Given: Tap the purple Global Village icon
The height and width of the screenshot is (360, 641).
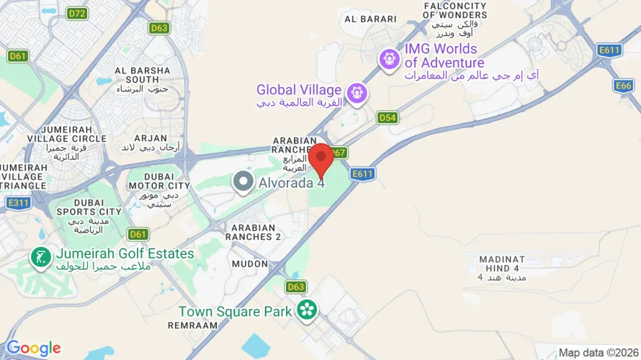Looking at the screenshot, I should (x=356, y=92).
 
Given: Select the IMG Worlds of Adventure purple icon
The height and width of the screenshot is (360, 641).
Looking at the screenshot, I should (x=390, y=58).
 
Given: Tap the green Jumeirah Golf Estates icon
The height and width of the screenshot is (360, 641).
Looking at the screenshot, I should (x=40, y=256).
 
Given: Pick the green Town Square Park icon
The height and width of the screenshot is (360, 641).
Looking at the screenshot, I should (x=308, y=310).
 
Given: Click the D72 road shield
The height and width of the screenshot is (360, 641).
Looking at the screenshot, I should (x=76, y=13).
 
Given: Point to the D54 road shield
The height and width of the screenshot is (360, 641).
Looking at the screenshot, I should (x=387, y=117).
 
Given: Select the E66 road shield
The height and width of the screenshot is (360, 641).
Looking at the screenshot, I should (x=624, y=86).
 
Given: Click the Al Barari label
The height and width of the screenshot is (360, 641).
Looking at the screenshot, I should (x=370, y=19).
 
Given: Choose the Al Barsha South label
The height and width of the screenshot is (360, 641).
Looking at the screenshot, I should (x=143, y=75).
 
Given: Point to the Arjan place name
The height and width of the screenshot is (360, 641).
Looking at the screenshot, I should (x=151, y=138).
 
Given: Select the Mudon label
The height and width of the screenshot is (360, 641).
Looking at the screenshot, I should (x=249, y=264).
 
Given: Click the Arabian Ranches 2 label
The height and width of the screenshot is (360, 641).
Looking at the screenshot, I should (x=253, y=232).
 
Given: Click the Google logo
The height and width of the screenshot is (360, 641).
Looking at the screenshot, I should (x=33, y=348).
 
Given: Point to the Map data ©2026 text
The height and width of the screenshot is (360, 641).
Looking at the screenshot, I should (x=597, y=353).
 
